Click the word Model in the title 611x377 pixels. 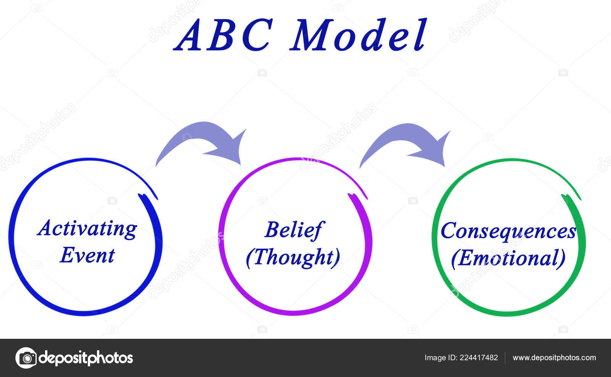pos(358,36)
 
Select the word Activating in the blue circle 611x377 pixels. pos(87,229)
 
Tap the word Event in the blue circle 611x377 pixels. pos(87,255)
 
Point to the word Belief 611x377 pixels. pos(293,230)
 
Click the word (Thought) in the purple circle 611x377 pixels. pos(293,257)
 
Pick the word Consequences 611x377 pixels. pos(508,231)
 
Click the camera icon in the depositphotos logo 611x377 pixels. pos(26,358)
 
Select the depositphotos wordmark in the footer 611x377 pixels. pos(86,358)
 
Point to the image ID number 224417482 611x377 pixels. pos(479,358)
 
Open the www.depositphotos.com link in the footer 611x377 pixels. pos(554,358)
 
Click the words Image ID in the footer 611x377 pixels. pos(440,358)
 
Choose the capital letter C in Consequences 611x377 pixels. pos(449,231)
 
